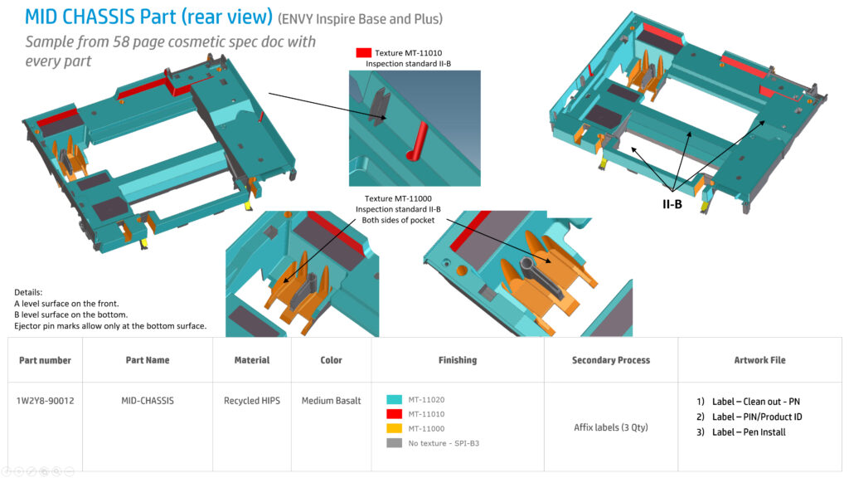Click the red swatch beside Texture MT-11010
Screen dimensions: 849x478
(363, 52)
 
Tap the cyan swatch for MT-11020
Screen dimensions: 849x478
(394, 399)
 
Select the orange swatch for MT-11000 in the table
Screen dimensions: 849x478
(394, 428)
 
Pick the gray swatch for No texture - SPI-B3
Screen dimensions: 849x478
(394, 443)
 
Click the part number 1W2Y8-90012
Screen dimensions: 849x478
(45, 401)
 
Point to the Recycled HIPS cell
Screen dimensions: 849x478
(252, 401)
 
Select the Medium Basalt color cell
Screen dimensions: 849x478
(331, 401)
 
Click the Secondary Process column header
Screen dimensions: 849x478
(611, 360)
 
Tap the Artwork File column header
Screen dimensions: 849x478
(759, 360)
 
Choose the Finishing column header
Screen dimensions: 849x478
(458, 360)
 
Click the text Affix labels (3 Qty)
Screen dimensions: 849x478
(611, 427)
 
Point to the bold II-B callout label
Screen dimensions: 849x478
(672, 204)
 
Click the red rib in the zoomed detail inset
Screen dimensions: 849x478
(417, 142)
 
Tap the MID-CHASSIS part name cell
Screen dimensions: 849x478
(148, 401)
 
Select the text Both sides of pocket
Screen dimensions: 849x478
(398, 220)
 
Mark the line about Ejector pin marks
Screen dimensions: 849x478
(110, 325)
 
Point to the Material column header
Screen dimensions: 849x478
(252, 360)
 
